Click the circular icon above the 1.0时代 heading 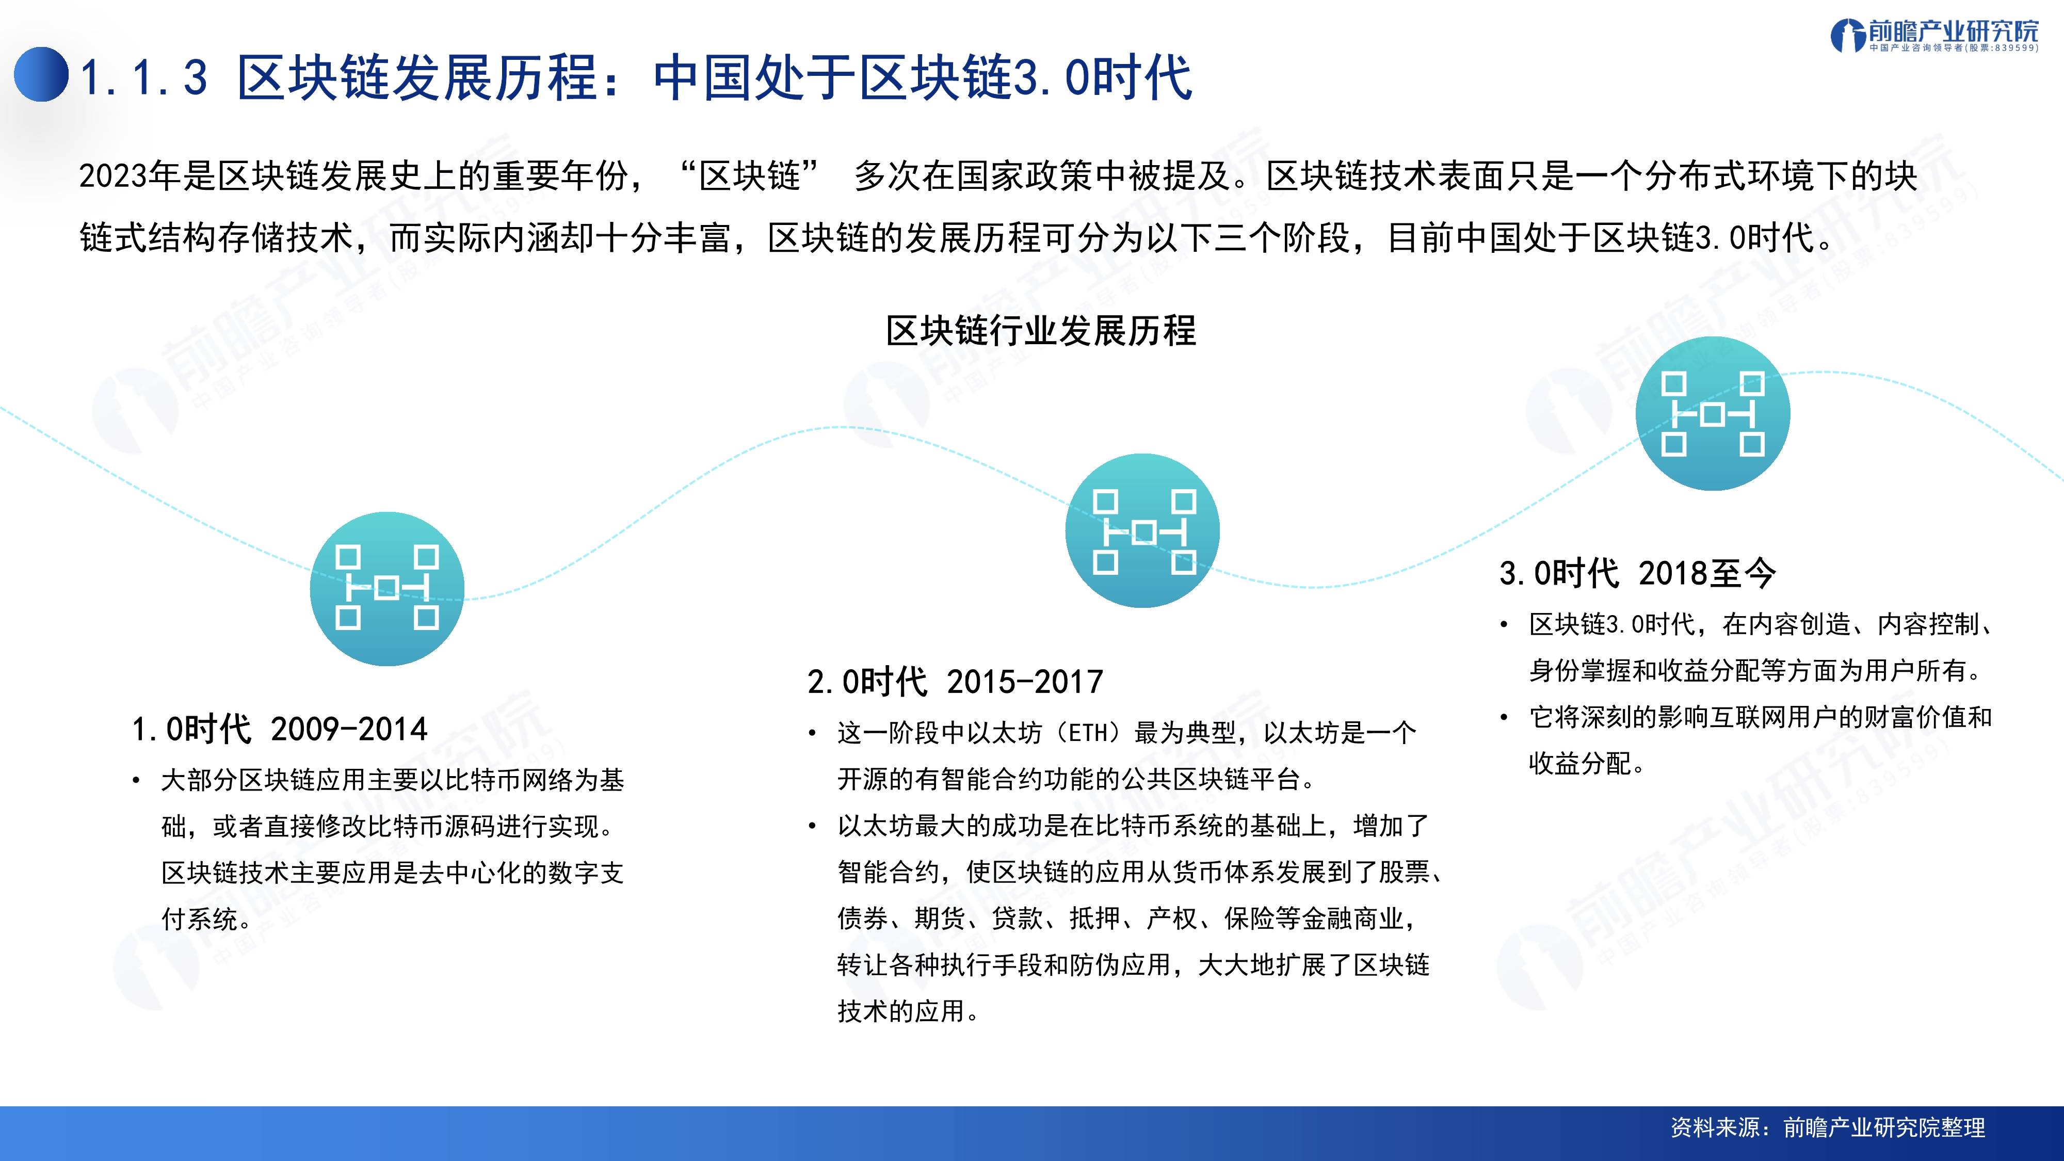pyautogui.click(x=387, y=589)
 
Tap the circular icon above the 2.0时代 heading pyautogui.click(x=1142, y=530)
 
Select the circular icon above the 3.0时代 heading pyautogui.click(x=1712, y=413)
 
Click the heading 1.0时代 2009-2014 pyautogui.click(x=280, y=729)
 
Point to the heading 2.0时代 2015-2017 pyautogui.click(x=955, y=682)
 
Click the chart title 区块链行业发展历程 pyautogui.click(x=1041, y=331)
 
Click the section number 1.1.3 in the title pyautogui.click(x=144, y=78)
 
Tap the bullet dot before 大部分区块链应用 pyautogui.click(x=137, y=780)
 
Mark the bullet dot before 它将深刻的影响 pyautogui.click(x=1505, y=717)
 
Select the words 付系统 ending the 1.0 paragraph pyautogui.click(x=200, y=918)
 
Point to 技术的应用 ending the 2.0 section pyautogui.click(x=901, y=1011)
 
